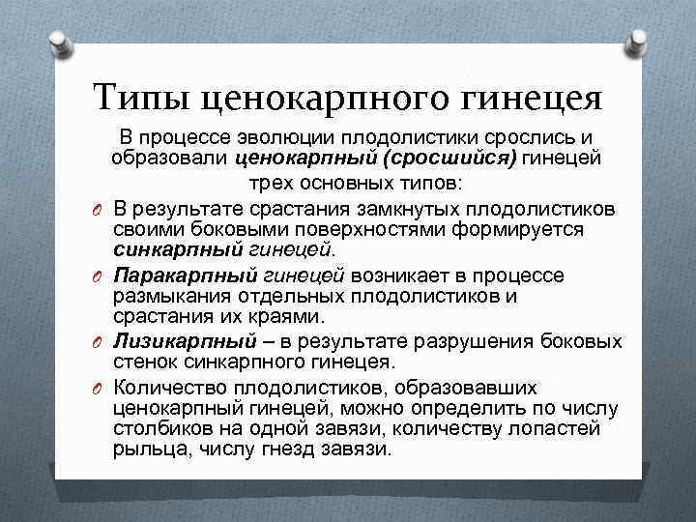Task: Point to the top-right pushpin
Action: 638,41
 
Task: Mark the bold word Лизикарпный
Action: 185,341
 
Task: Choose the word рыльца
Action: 144,450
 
